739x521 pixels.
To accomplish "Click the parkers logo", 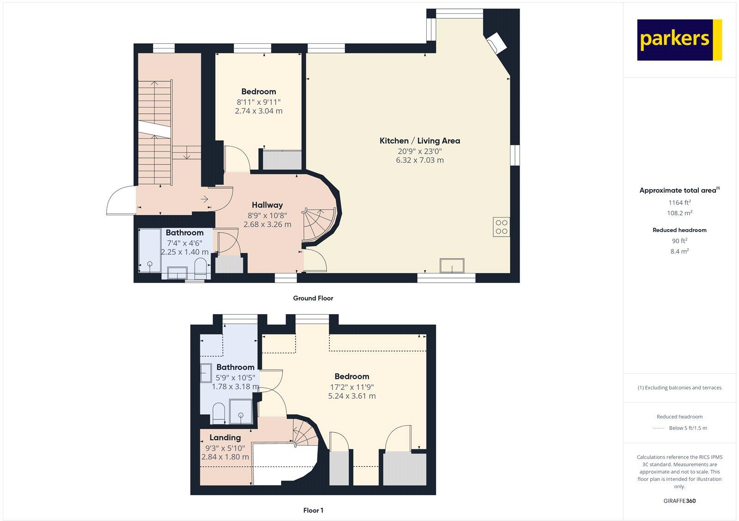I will pos(679,40).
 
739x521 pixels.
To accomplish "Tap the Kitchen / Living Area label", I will pos(419,141).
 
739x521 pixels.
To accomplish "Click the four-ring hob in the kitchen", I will pos(502,227).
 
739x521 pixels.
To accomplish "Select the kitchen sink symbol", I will pos(452,266).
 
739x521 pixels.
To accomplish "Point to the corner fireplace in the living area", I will pos(497,42).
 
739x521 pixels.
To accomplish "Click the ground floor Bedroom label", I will pos(259,91).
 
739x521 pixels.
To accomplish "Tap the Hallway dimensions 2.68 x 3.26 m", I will pos(267,224).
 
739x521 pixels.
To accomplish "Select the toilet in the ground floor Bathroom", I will pos(200,268).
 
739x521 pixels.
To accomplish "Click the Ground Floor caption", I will pos(313,298).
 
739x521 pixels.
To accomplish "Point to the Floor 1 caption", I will pos(313,510).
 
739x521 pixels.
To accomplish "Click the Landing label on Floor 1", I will pos(225,437).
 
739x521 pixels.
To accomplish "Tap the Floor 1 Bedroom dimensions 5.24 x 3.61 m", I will pos(352,396).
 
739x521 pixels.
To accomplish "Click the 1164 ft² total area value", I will pos(679,202).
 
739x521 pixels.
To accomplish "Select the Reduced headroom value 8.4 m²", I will pos(679,251).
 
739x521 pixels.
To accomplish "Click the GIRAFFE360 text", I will pos(679,501).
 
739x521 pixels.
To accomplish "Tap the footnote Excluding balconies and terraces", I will pos(679,388).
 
